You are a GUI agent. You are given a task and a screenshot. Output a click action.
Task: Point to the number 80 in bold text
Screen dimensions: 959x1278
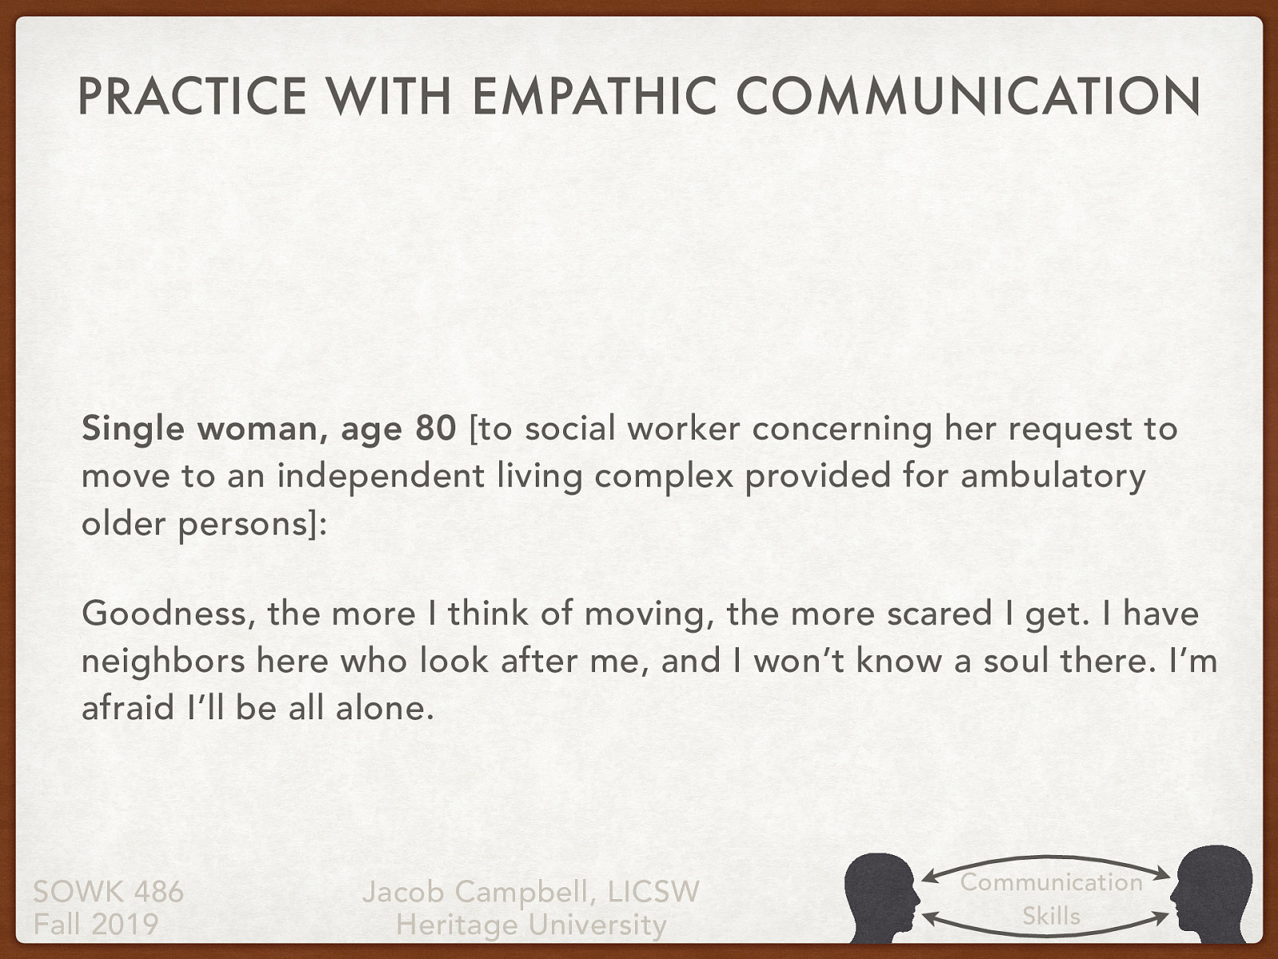click(435, 429)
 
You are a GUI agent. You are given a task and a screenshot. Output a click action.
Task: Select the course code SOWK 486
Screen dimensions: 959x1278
click(109, 891)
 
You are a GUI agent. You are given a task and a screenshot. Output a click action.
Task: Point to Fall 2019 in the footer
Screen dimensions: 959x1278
click(96, 925)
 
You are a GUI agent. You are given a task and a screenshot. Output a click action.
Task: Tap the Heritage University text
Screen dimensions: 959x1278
click(531, 925)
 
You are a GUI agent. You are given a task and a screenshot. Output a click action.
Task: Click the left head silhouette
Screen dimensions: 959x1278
click(883, 897)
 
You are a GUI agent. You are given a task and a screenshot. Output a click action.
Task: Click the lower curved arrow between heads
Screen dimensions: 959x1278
click(1046, 930)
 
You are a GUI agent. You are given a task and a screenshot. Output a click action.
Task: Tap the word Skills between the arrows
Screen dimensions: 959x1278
click(1051, 916)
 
